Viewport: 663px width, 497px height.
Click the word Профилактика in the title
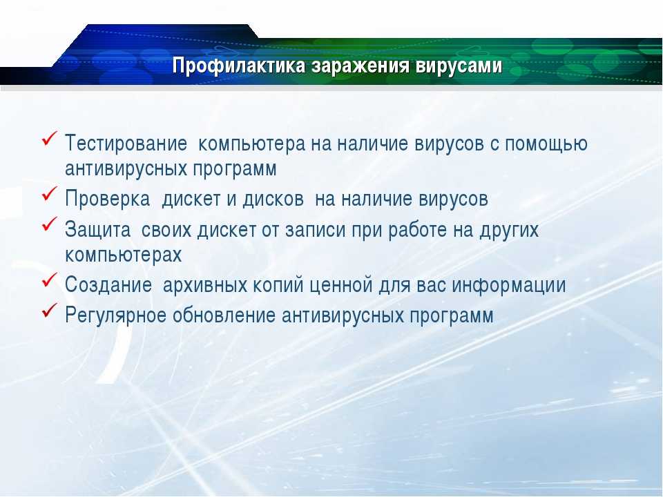239,66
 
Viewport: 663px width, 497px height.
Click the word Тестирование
126,144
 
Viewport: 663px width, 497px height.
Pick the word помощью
546,144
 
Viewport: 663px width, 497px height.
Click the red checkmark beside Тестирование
50,138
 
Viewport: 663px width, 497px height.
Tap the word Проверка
108,199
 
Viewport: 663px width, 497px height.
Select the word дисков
273,199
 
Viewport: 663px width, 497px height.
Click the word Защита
97,230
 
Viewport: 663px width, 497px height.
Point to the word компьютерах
124,255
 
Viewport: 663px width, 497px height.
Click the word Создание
108,284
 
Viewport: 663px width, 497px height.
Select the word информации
509,284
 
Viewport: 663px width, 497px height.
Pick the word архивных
204,285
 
